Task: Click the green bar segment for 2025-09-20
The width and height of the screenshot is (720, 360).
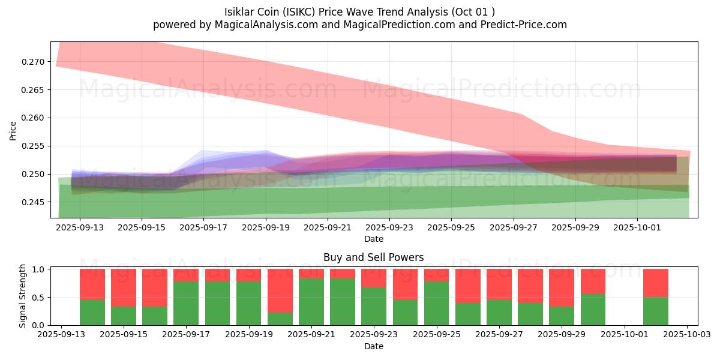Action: coord(280,319)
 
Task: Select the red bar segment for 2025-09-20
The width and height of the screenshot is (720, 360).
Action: coord(280,290)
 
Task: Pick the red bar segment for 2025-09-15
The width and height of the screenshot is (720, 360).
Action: coord(124,287)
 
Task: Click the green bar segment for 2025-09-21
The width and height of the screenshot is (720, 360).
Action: coord(311,302)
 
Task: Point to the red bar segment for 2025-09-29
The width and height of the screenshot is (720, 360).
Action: coord(562,287)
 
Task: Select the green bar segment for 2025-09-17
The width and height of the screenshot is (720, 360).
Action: coord(186,303)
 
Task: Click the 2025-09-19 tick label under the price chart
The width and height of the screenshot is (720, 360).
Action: coord(266,228)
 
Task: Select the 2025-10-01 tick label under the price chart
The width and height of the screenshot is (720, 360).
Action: coord(637,228)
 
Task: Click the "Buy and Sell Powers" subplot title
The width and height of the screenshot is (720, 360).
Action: coord(373,257)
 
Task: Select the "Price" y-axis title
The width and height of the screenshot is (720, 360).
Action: coord(13,131)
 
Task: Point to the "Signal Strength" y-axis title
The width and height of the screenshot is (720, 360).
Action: coord(23,296)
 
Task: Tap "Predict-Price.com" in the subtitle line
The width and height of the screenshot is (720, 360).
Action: coord(523,25)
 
